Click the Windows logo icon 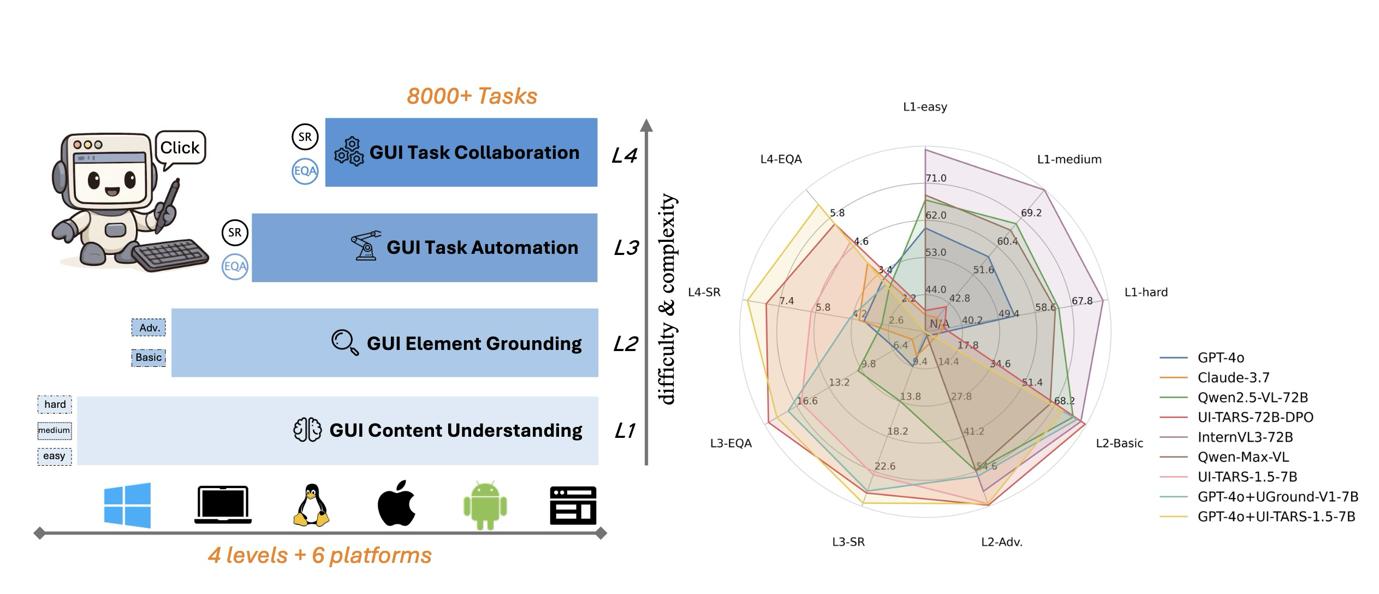coord(127,505)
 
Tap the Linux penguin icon coord(311,505)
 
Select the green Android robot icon coord(485,505)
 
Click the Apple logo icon coord(397,504)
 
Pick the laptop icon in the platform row coord(223,505)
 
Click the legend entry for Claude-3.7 coord(1233,377)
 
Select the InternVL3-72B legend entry coord(1245,437)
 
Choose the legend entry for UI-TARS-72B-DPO coord(1255,417)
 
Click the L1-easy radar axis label coord(925,107)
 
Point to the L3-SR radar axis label coord(848,542)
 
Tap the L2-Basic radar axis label coord(1119,443)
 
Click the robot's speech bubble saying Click coord(180,147)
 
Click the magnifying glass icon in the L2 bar coord(345,343)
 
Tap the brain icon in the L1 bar coord(307,430)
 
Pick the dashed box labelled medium coord(54,430)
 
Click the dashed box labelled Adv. coord(149,328)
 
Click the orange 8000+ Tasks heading coord(472,96)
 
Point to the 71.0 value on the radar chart coord(936,178)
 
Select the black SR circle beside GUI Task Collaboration coord(305,137)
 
